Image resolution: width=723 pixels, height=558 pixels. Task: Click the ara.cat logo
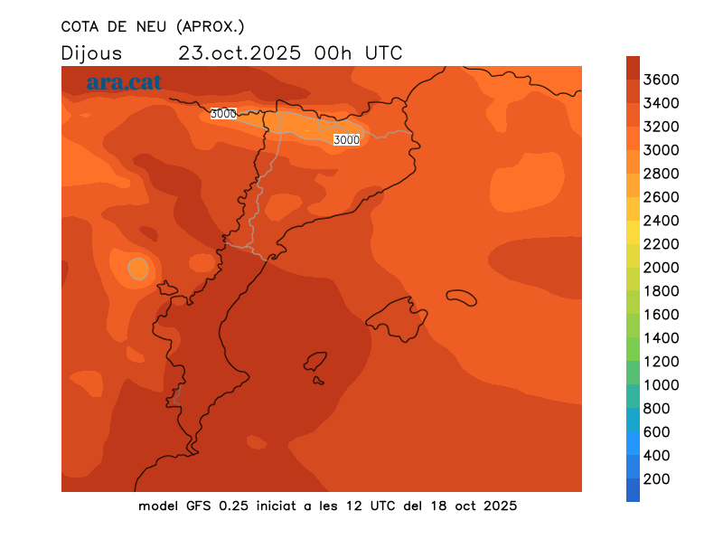124,82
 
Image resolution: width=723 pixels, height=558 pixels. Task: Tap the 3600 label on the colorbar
661,80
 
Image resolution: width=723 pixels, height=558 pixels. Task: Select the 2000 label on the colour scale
661,268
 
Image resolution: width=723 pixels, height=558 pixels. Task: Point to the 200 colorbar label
657,479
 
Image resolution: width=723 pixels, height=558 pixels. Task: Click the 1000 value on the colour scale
661,385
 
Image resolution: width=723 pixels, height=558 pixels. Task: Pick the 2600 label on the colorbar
661,197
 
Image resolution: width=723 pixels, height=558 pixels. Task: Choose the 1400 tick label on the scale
661,338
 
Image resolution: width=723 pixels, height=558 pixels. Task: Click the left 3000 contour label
222,114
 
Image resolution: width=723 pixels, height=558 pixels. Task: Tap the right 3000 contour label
346,139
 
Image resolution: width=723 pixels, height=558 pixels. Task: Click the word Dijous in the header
91,53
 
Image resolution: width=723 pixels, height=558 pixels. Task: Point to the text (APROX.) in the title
210,25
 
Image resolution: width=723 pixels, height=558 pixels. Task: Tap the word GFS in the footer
203,506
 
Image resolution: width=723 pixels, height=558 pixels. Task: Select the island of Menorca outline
461,297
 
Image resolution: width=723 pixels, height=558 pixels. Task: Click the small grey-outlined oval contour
137,268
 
